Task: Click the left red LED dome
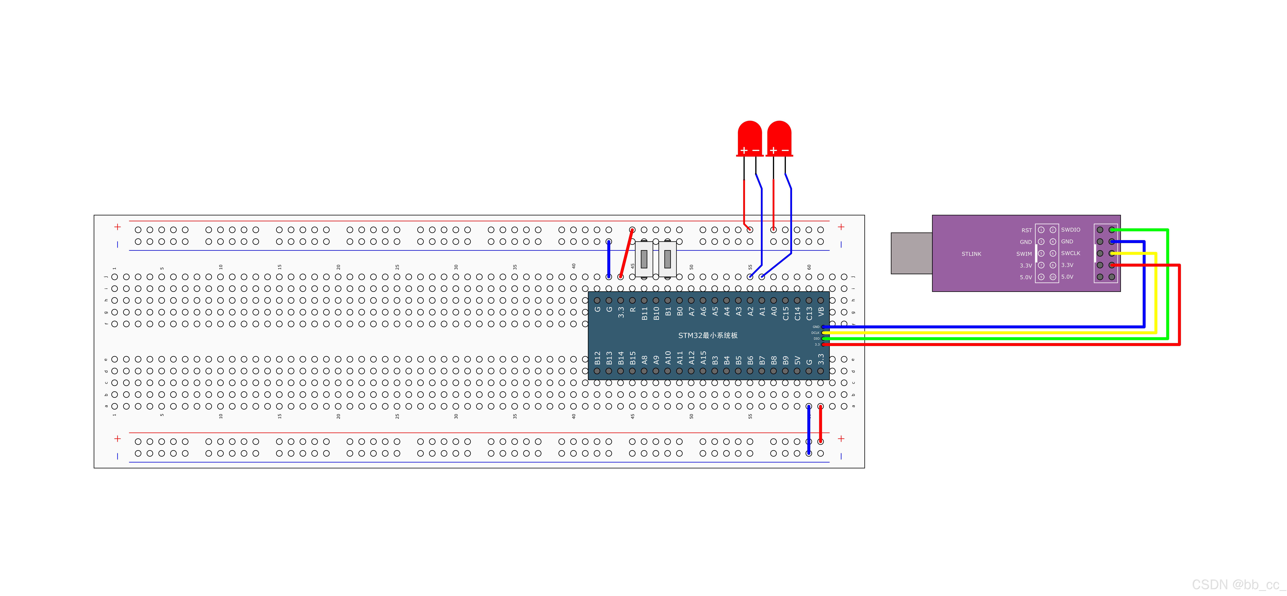[x=749, y=136]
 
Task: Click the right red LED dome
[x=779, y=136]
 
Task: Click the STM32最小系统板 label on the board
[x=707, y=335]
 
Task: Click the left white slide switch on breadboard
[x=644, y=259]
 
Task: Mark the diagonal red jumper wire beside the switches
[x=626, y=253]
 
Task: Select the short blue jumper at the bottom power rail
[x=809, y=430]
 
